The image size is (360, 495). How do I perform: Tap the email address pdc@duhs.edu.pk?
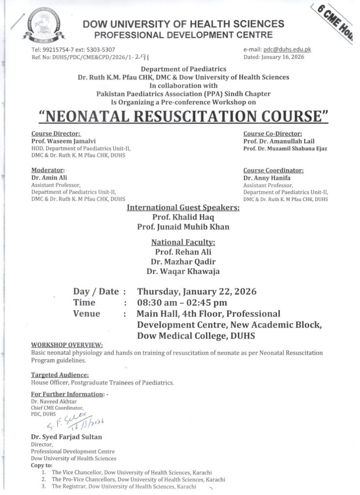pyautogui.click(x=284, y=50)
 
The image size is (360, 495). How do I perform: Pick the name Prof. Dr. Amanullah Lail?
pyautogui.click(x=279, y=141)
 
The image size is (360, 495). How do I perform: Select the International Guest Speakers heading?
pyautogui.click(x=183, y=208)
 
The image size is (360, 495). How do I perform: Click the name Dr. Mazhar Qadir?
pyautogui.click(x=183, y=262)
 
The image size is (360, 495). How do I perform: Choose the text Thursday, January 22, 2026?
pyautogui.click(x=197, y=291)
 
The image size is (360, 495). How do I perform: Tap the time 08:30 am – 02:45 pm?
pyautogui.click(x=182, y=303)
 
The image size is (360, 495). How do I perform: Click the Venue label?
pyautogui.click(x=86, y=314)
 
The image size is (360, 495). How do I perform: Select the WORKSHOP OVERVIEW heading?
pyautogui.click(x=67, y=346)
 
